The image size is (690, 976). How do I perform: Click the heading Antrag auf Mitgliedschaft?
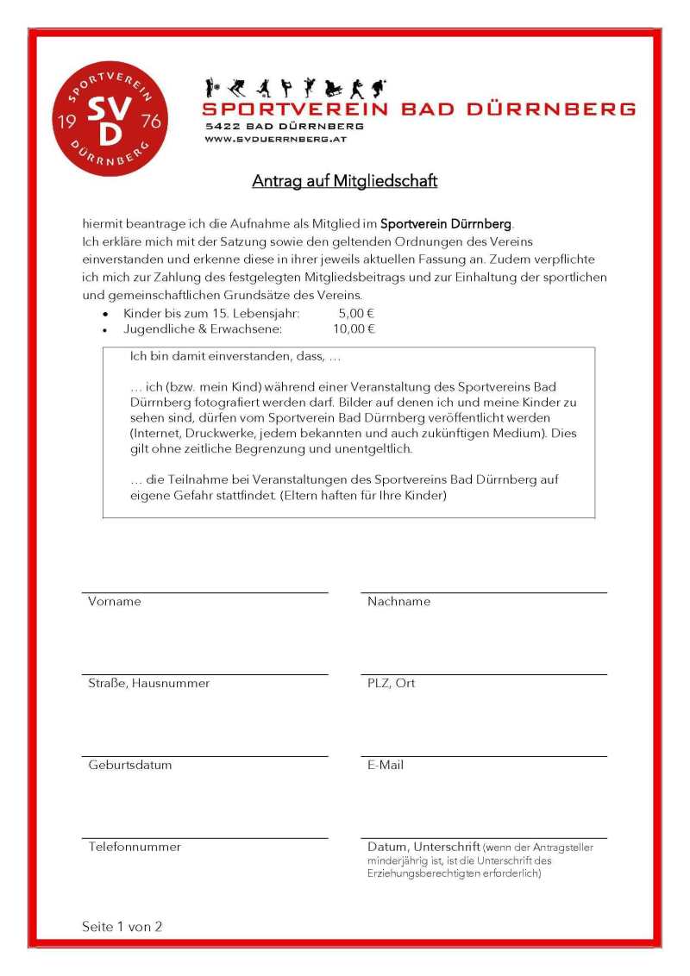(345, 181)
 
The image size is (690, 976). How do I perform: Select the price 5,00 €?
(356, 314)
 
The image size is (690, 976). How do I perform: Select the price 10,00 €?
(354, 328)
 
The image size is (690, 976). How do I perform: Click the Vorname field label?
(114, 602)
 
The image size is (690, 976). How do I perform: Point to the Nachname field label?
(398, 602)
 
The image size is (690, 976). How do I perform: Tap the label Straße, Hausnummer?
(148, 684)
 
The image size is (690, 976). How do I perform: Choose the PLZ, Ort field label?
(391, 684)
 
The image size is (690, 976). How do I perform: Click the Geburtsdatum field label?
(129, 766)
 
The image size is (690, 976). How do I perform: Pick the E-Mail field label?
(385, 766)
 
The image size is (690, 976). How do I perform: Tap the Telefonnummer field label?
(135, 848)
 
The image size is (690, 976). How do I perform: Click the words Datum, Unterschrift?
(423, 848)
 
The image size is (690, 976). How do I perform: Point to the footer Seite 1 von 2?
(122, 927)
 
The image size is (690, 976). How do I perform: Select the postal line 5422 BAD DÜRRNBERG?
(284, 126)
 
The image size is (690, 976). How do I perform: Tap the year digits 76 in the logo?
(150, 121)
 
